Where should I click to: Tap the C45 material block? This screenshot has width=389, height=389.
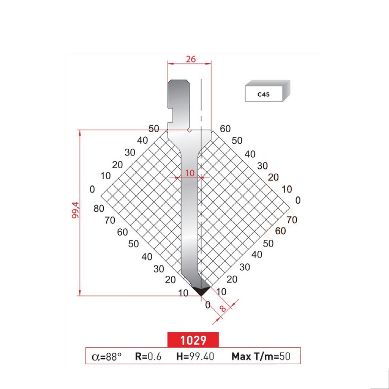pyautogui.click(x=267, y=92)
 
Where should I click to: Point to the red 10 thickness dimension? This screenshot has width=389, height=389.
pyautogui.click(x=190, y=173)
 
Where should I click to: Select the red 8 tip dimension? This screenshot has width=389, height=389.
pyautogui.click(x=223, y=308)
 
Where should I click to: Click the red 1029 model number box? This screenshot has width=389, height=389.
pyautogui.click(x=193, y=340)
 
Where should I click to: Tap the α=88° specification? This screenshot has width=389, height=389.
pyautogui.click(x=107, y=356)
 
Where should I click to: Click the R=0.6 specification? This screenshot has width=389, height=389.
pyautogui.click(x=148, y=356)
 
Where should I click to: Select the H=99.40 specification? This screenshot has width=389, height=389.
pyautogui.click(x=195, y=356)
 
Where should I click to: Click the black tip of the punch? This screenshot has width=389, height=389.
pyautogui.click(x=201, y=291)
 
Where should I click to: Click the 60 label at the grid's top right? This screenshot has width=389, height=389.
pyautogui.click(x=225, y=129)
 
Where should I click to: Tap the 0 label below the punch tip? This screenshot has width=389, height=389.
pyautogui.click(x=207, y=304)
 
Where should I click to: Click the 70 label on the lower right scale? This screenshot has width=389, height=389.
pyautogui.click(x=291, y=220)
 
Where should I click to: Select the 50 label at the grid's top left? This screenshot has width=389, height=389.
pyautogui.click(x=154, y=129)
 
